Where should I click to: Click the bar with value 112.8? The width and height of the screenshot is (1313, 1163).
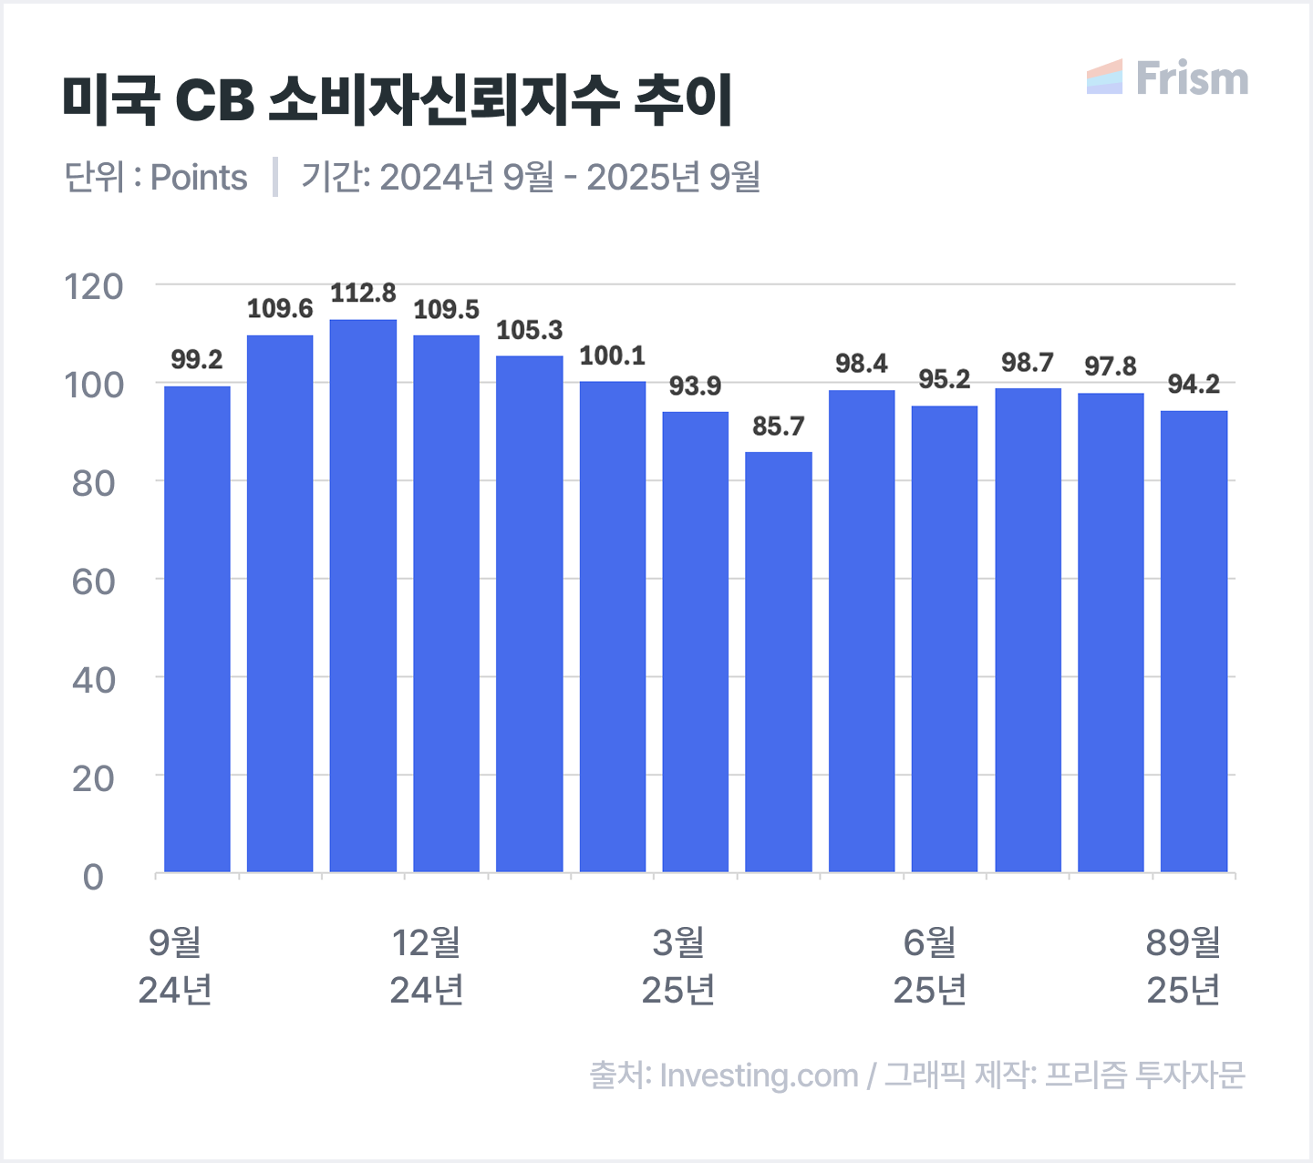point(363,596)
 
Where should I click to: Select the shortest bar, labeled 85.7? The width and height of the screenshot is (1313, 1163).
point(778,662)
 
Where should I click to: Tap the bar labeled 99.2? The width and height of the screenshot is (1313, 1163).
point(197,629)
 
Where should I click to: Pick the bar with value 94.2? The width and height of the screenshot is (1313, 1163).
point(1194,642)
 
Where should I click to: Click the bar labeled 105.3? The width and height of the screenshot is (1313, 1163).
point(529,613)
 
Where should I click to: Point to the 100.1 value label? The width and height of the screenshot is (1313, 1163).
point(612,356)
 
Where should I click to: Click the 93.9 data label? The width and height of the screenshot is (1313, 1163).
point(695,386)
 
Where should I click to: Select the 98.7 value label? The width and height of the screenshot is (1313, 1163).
point(1027,363)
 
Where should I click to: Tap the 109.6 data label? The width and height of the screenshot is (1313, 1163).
point(280,309)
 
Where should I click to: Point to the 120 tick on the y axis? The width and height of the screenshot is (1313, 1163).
point(93,286)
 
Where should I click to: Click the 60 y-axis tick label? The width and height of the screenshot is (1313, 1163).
point(93,581)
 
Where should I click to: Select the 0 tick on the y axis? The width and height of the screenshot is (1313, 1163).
point(93,877)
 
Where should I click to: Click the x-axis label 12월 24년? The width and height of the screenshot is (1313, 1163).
point(427,966)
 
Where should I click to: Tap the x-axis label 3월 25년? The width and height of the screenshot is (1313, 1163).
point(677,966)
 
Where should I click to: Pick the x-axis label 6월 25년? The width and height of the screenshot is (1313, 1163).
point(929,966)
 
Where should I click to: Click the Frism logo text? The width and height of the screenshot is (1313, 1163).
point(1191,79)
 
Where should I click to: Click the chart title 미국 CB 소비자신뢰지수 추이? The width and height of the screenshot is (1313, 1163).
point(398,99)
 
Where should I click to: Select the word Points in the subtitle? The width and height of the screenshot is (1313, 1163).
point(199,177)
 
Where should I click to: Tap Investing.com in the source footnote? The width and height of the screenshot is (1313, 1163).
point(759,1076)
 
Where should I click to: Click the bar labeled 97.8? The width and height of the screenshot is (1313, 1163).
point(1111,633)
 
